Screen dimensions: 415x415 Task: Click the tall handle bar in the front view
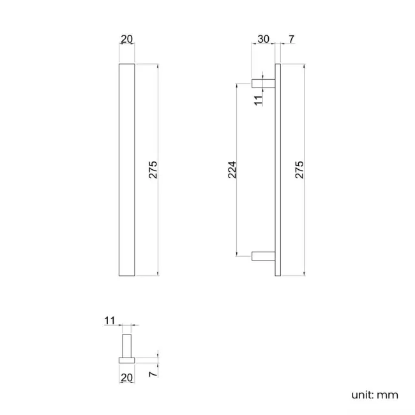point(126,169)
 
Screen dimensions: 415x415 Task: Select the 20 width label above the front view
point(126,40)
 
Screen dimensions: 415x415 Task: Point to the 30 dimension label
point(262,40)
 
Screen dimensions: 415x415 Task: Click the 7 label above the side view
point(291,40)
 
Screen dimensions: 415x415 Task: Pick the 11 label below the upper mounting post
point(258,100)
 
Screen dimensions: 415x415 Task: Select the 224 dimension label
point(232,169)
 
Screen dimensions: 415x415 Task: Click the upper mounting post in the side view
point(264,82)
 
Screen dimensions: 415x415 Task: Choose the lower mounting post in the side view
point(264,257)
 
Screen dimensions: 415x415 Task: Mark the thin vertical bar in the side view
point(278,169)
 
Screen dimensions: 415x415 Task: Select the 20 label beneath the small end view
point(126,377)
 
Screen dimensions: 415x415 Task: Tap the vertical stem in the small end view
point(126,345)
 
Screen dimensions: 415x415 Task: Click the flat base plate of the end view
point(126,360)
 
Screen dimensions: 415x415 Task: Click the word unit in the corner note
point(361,395)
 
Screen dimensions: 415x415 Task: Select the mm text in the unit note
point(388,395)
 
